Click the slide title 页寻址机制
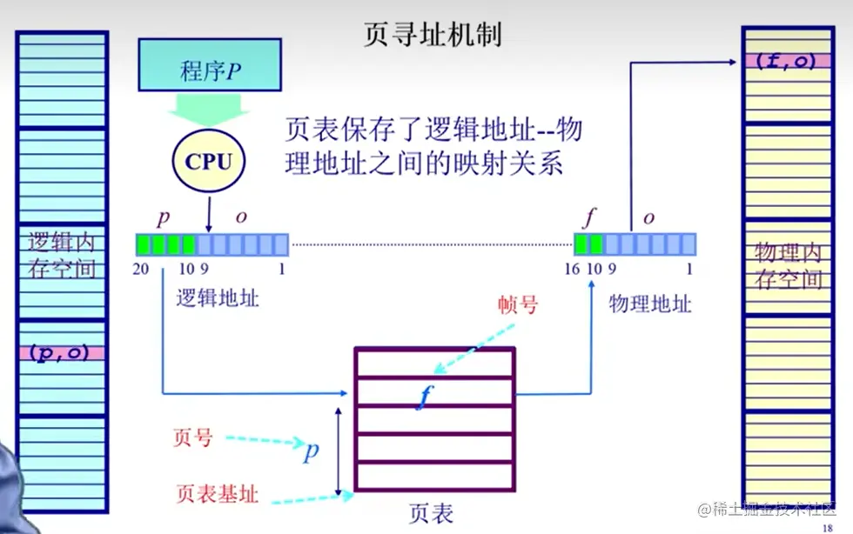432,34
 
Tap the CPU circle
209,161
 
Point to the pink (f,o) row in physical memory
785,62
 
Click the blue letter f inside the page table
425,397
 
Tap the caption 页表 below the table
431,513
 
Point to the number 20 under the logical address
142,269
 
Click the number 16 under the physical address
572,269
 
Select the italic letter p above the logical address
163,217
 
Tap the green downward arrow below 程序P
209,110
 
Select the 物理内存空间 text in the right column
787,265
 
